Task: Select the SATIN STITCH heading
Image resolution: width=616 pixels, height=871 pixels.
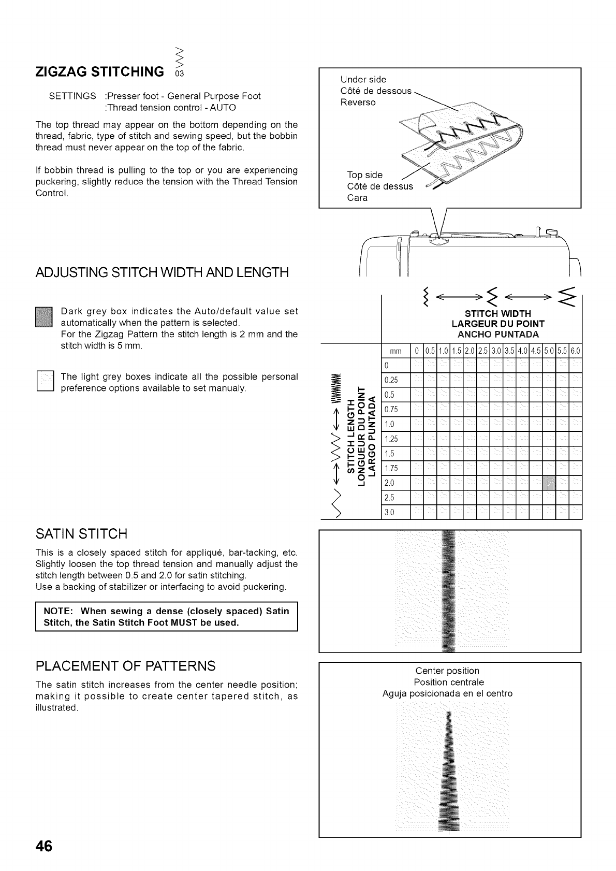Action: click(x=81, y=533)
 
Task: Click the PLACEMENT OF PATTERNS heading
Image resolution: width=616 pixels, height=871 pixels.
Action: click(x=125, y=665)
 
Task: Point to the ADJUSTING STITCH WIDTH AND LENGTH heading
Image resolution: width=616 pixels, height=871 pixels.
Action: click(x=162, y=272)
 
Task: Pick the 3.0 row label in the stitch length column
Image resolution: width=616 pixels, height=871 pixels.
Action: click(x=389, y=513)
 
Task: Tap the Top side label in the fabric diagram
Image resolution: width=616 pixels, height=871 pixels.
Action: click(x=364, y=175)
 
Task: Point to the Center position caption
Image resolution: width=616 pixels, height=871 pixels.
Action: click(x=448, y=671)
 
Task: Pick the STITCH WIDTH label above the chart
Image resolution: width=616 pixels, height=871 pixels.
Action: click(x=497, y=313)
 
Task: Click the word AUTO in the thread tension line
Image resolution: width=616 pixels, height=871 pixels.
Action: click(x=223, y=108)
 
